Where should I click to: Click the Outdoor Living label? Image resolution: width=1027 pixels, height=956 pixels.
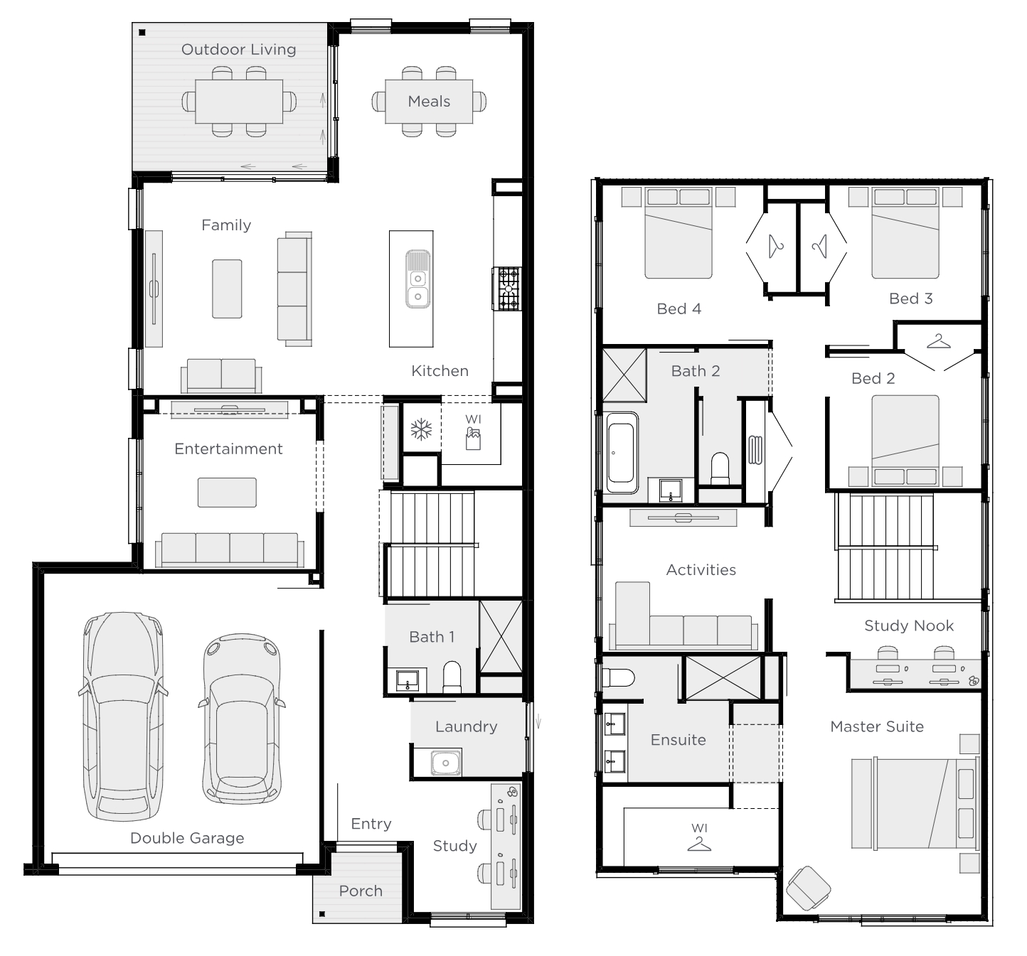[x=238, y=50]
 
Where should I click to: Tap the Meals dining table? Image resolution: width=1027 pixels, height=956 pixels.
[x=429, y=102]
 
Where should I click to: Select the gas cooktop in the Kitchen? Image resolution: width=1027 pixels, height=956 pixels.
[x=507, y=289]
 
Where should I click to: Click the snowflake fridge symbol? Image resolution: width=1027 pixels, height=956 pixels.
[x=421, y=429]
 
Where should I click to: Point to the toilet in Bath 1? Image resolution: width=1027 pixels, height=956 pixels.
[x=452, y=677]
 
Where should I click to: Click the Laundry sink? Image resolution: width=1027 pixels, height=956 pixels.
[x=446, y=762]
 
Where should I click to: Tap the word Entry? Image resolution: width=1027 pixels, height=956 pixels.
[x=371, y=824]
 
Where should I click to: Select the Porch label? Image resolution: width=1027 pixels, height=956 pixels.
[x=361, y=891]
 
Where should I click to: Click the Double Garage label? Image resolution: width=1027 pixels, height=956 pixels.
[x=186, y=838]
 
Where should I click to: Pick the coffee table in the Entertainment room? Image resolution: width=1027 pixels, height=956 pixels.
[x=227, y=493]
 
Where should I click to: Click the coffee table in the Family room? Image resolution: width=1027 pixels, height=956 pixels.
[x=227, y=289]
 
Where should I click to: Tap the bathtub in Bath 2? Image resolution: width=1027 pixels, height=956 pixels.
[x=622, y=452]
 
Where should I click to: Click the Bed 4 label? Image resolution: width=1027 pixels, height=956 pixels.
[x=679, y=308]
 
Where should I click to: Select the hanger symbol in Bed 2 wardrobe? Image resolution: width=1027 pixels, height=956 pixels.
[x=939, y=342]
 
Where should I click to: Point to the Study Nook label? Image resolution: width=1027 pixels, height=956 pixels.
[x=908, y=625]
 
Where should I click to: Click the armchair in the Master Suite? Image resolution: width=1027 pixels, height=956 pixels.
[x=808, y=888]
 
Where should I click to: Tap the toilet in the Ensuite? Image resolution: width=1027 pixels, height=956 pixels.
[x=619, y=677]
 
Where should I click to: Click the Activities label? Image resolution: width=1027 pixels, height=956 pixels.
[x=701, y=570]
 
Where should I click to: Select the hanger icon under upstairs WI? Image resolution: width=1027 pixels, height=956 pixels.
[x=698, y=844]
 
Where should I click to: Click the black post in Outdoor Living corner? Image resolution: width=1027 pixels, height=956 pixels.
[x=142, y=33]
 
